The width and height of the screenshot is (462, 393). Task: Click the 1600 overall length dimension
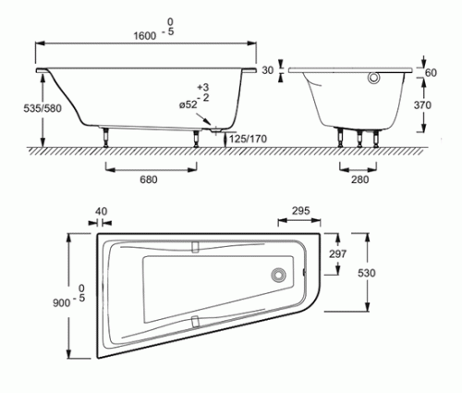tap(144, 36)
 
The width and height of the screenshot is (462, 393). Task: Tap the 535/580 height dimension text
tap(43, 108)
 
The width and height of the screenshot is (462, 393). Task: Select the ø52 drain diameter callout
tap(188, 104)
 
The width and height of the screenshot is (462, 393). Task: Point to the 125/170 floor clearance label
tap(248, 139)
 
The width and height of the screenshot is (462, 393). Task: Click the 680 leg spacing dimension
tap(149, 179)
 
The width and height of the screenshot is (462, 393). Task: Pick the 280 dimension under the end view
tap(359, 179)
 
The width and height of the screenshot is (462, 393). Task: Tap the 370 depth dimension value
tap(422, 105)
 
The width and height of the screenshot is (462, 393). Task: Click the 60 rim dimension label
tap(431, 73)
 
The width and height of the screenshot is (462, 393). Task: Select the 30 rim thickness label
tap(267, 70)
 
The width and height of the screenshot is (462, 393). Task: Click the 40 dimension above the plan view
tap(101, 212)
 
